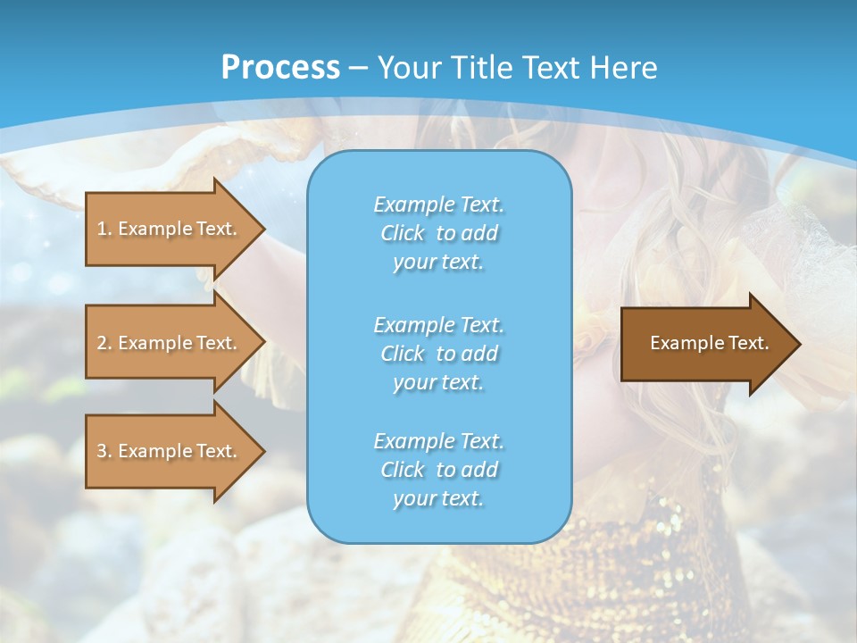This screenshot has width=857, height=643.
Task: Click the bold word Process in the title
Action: [x=280, y=67]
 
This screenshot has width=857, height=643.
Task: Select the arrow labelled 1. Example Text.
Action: [x=170, y=229]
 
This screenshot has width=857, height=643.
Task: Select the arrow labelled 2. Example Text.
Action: [x=170, y=343]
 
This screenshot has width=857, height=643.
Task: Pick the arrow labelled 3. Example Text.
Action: [x=170, y=451]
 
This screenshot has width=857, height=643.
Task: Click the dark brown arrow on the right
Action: [x=705, y=343]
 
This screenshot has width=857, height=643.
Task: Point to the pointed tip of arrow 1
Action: [x=263, y=229]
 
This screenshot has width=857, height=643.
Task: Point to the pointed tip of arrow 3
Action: [x=263, y=451]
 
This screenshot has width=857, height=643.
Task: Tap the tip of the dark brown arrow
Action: [x=799, y=344]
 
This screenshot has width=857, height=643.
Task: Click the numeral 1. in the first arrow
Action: [x=104, y=229]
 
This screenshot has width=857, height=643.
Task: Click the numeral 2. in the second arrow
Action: [x=104, y=343]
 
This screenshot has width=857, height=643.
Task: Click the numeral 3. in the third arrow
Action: [x=104, y=451]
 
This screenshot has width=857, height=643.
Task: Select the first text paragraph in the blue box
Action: [x=438, y=233]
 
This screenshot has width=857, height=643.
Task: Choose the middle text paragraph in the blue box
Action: [x=438, y=354]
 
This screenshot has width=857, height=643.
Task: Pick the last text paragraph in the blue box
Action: [x=438, y=470]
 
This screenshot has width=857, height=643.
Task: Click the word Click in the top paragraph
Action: [x=403, y=233]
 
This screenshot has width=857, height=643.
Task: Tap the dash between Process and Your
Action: [x=358, y=68]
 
